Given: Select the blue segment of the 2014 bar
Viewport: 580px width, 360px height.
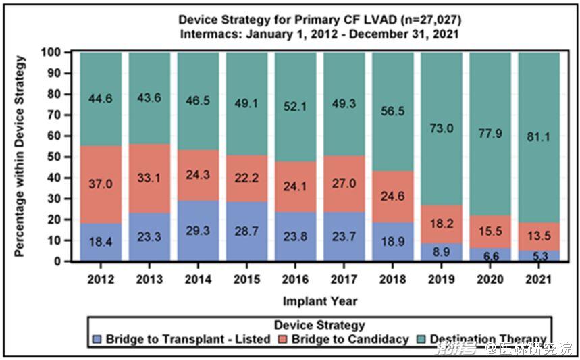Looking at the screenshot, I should click(198, 230).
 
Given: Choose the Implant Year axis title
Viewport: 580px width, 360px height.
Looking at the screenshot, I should click(321, 301).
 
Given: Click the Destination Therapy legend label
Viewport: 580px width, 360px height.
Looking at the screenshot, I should click(487, 339).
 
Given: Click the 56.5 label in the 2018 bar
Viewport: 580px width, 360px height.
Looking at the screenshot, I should click(392, 111).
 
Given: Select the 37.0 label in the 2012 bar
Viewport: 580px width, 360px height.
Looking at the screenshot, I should click(101, 182).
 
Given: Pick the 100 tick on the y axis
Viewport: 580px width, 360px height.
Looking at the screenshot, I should click(61, 52).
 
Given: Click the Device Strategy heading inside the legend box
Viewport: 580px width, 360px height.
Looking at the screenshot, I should click(319, 326).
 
